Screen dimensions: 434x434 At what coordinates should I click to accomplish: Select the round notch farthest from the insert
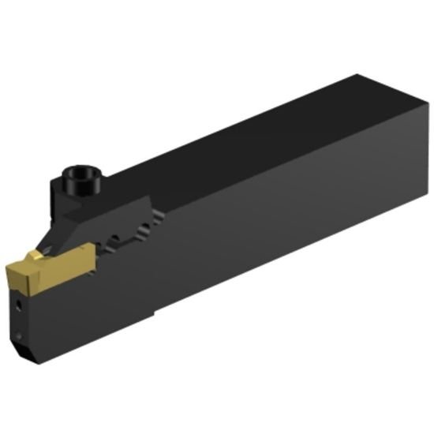[144, 230]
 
